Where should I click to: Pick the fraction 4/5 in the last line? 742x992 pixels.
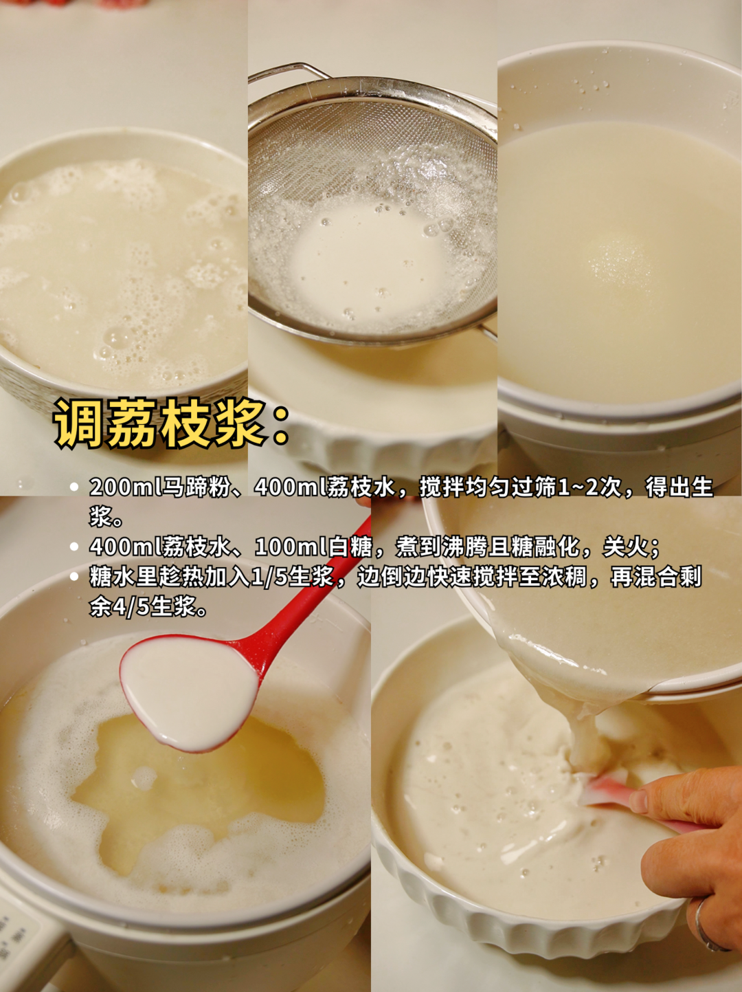[x=133, y=607]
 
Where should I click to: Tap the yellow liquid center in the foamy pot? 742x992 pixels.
[x=206, y=791]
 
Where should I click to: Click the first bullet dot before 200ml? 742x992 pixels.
[x=74, y=487]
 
